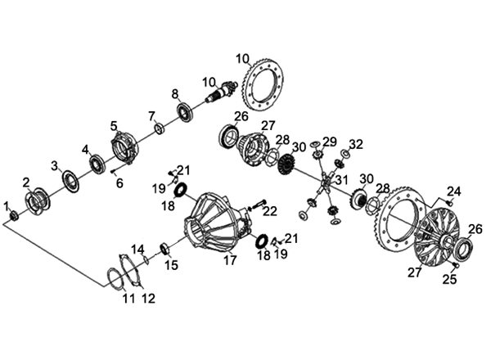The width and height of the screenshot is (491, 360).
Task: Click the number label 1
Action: (x=6, y=205)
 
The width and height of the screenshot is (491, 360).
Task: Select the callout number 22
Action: (x=269, y=212)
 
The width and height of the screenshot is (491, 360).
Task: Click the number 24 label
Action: (x=453, y=191)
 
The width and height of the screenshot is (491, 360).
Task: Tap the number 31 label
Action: (x=341, y=180)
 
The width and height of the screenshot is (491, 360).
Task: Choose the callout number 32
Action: (x=355, y=145)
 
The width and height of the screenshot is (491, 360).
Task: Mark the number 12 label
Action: (x=148, y=299)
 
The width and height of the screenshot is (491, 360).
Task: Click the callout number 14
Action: (x=138, y=249)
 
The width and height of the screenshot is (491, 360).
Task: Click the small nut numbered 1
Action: (x=14, y=215)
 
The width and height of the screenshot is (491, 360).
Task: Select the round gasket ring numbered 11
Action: (x=116, y=277)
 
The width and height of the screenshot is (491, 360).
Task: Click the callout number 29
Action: (x=329, y=142)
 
